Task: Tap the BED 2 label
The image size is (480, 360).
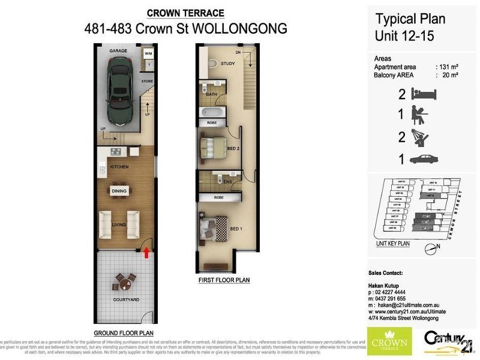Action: (233, 148)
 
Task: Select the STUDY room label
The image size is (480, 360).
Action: (227, 63)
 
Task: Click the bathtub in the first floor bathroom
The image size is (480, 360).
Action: (211, 112)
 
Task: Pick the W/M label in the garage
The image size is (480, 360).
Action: (148, 53)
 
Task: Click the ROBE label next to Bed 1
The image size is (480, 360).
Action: (211, 197)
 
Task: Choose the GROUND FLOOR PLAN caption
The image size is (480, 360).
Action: (123, 333)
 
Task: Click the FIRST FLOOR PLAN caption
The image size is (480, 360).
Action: (223, 280)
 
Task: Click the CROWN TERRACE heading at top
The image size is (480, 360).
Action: (186, 13)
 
